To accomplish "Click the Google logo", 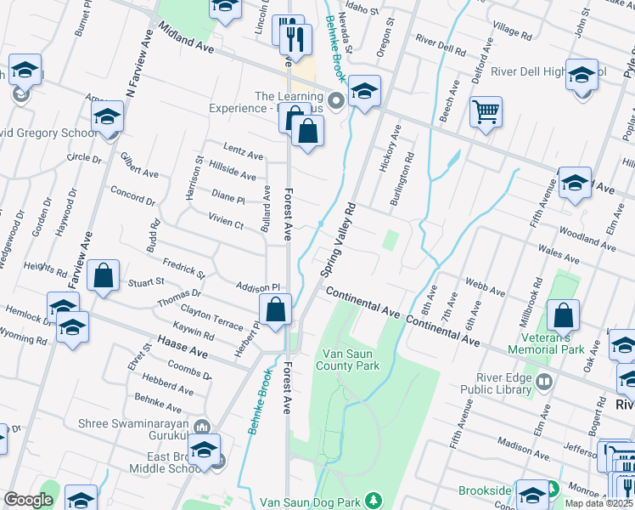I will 28,500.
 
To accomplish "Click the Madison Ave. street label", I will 525,446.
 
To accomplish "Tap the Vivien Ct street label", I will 226,220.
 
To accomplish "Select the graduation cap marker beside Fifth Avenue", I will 575,183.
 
